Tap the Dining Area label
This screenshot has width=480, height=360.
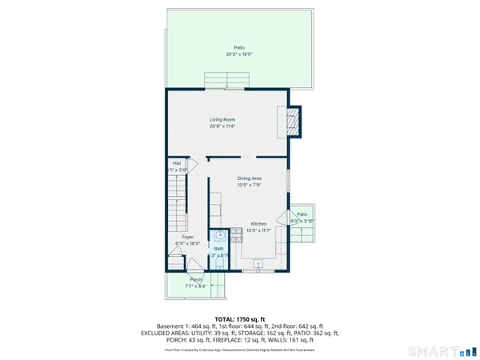(250, 178)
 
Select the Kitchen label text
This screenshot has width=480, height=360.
(258, 224)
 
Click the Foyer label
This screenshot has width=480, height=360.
(187, 237)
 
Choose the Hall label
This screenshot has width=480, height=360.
(176, 163)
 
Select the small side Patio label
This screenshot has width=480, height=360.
(302, 214)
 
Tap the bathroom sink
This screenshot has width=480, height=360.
(218, 237)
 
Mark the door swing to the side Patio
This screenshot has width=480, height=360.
(282, 218)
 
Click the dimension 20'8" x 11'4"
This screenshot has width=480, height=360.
(229, 126)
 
